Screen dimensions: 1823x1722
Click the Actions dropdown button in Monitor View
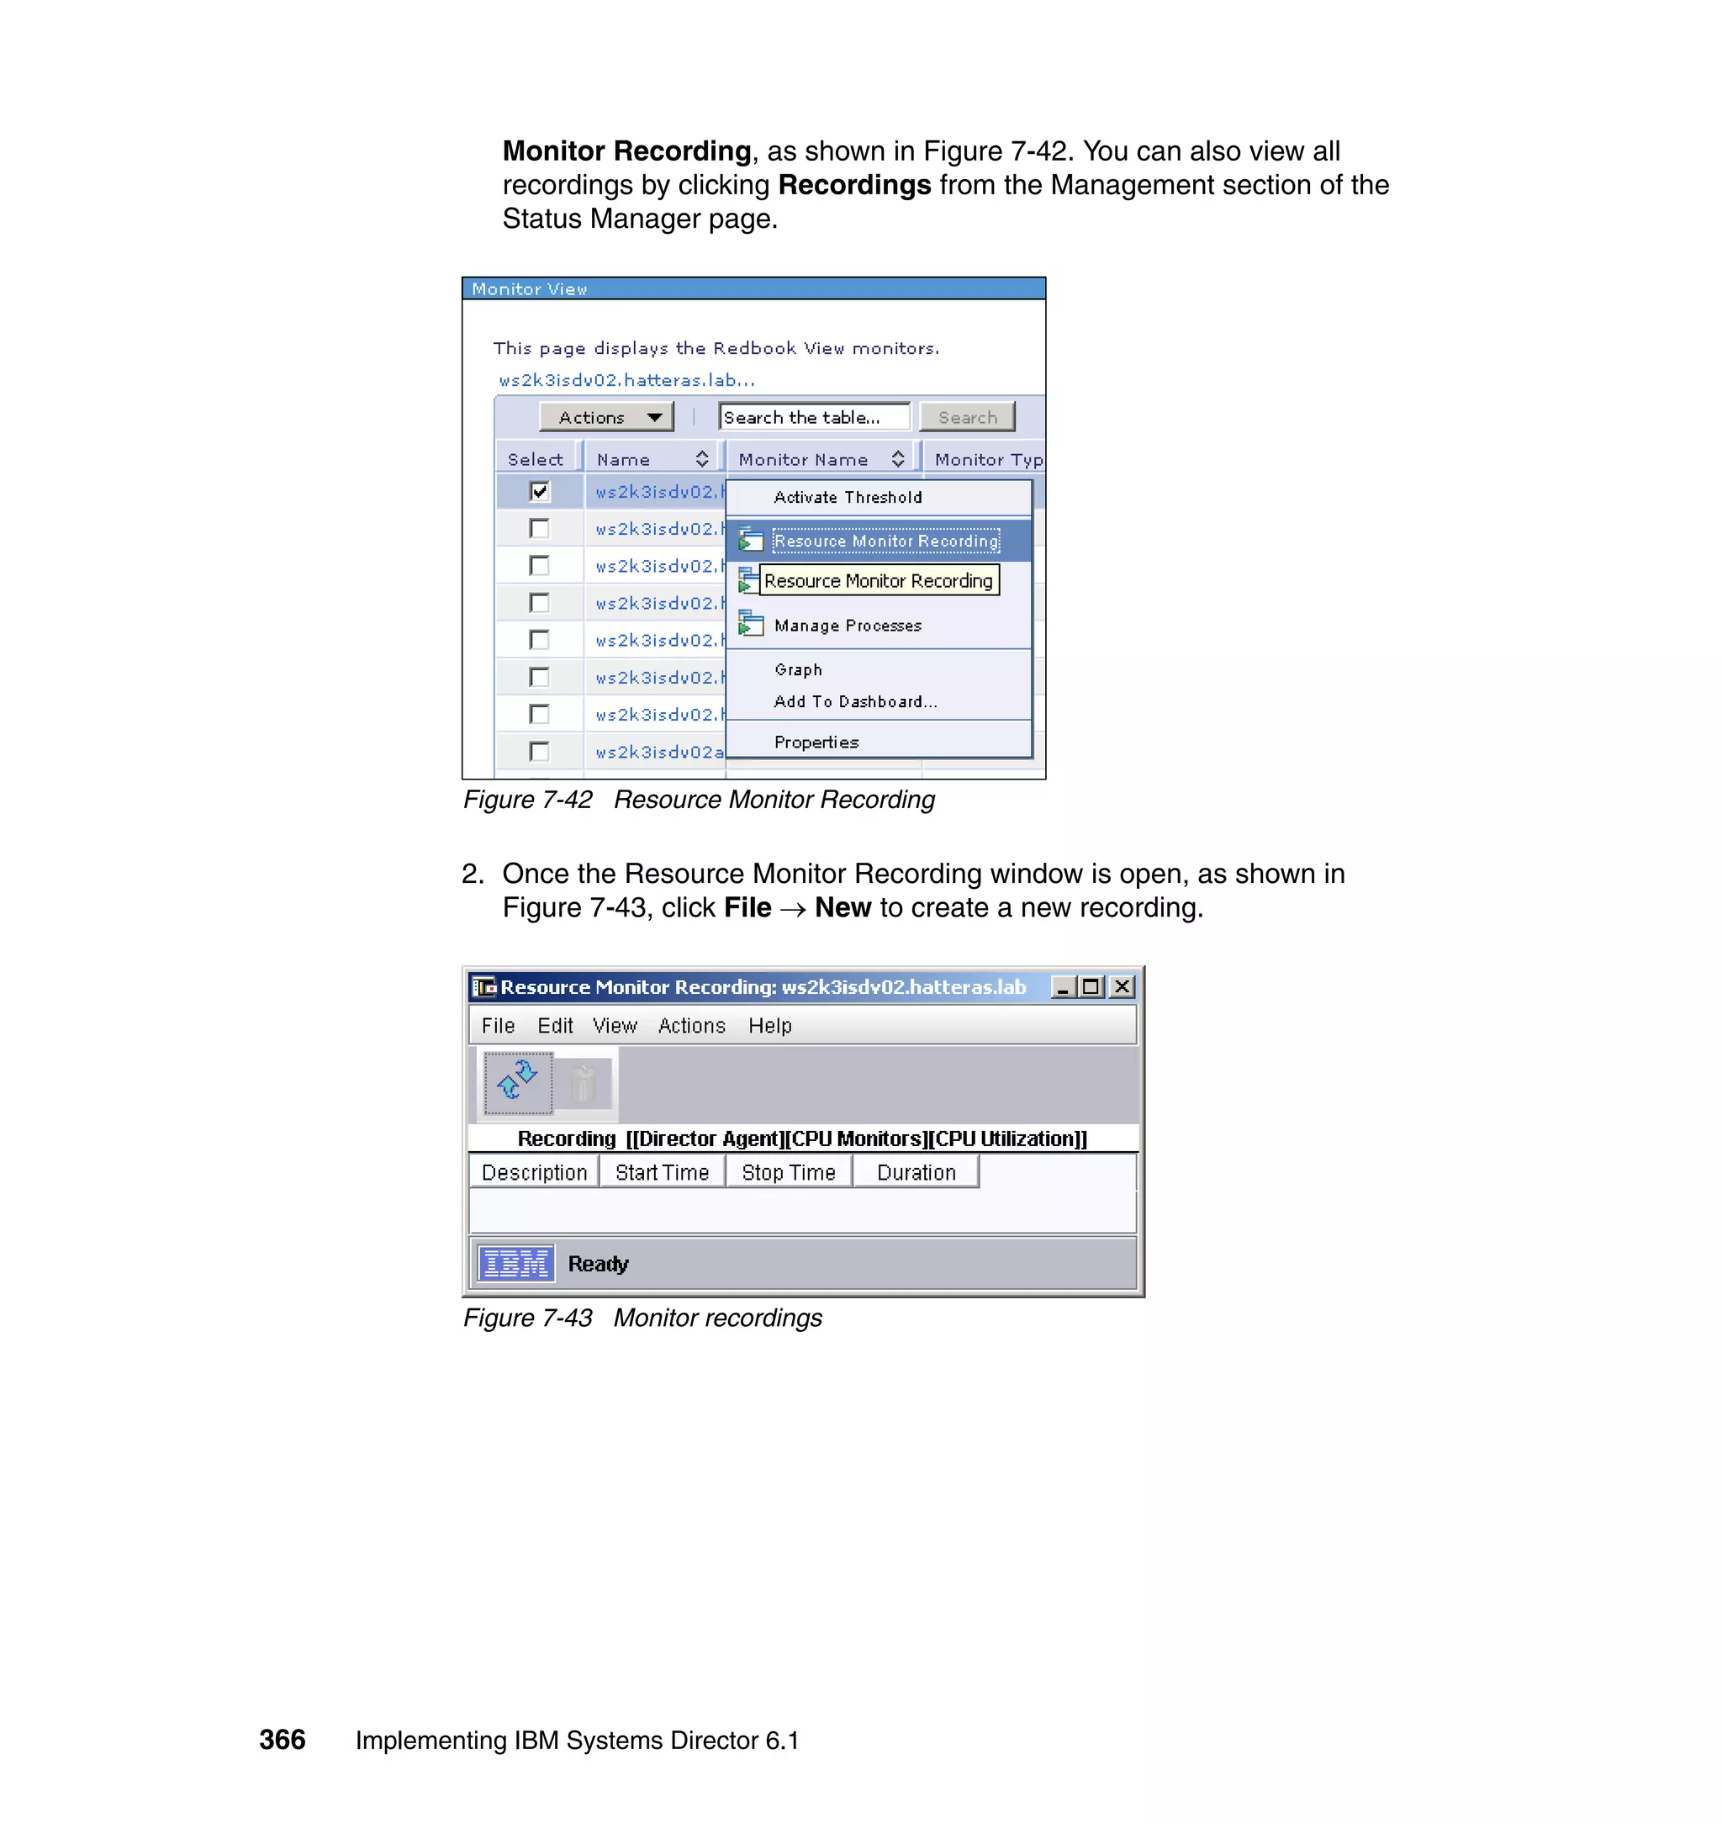point(606,418)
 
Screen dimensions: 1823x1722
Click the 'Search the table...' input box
point(813,418)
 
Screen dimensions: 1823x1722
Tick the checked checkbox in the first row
point(540,492)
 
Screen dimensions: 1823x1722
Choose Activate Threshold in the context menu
point(848,498)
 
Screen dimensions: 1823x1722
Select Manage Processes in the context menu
point(848,626)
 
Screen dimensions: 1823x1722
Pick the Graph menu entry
point(798,670)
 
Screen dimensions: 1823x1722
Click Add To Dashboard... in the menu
point(854,702)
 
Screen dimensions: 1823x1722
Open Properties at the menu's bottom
point(816,742)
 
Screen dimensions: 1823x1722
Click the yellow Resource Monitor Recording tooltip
point(878,581)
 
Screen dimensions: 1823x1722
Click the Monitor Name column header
point(803,460)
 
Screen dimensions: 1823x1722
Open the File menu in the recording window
point(498,1026)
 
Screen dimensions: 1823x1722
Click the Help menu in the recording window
point(769,1026)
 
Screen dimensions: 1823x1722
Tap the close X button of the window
point(1122,987)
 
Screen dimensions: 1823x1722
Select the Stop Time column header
point(789,1173)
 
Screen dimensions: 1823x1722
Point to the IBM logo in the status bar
point(516,1264)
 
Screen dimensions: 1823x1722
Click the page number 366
point(282,1740)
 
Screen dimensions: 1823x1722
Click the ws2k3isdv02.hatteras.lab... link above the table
point(626,380)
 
